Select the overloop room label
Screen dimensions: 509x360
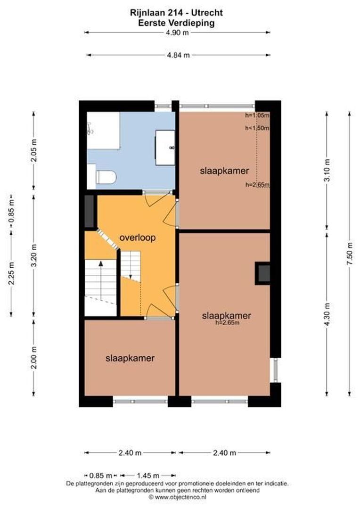coord(138,238)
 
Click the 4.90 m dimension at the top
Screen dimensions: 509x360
coord(177,33)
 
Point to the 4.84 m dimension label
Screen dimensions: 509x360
coord(178,55)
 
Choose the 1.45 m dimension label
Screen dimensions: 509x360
coord(148,475)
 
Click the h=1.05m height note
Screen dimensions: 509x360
coord(257,115)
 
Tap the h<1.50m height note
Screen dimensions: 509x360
coord(257,128)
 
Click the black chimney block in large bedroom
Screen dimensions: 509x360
coord(263,273)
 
